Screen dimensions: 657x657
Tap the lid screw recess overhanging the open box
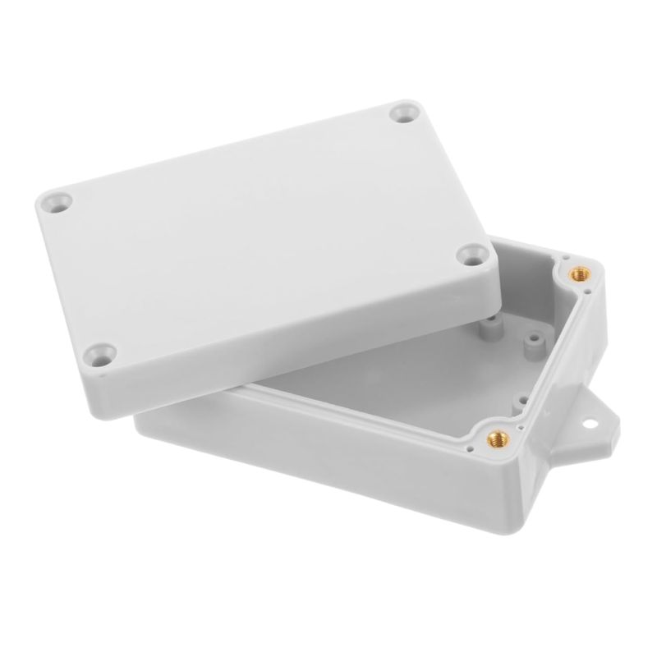tap(471, 256)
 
